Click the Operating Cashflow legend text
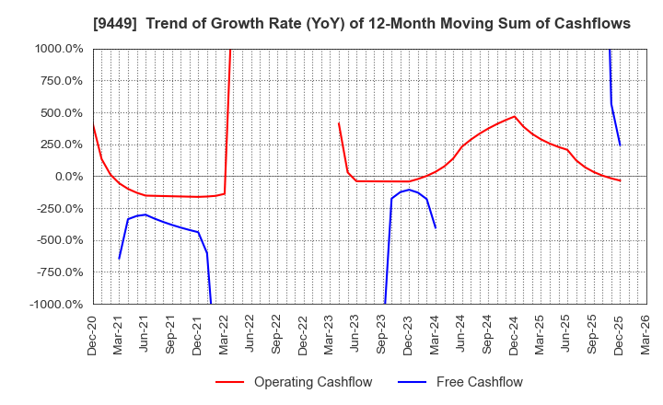coord(313,382)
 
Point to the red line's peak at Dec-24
coord(514,116)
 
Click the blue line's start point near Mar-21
coord(119,259)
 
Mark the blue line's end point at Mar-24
coord(436,227)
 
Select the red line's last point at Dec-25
coord(620,180)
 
